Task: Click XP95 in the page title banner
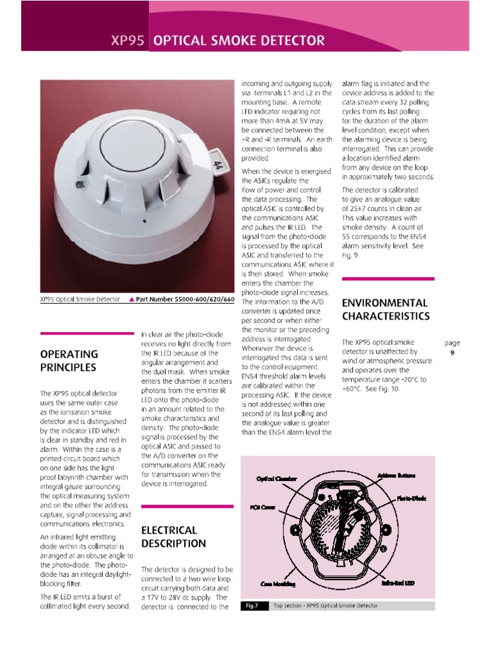click(x=128, y=42)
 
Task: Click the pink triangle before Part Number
click(x=131, y=299)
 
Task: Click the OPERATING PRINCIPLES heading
click(x=68, y=361)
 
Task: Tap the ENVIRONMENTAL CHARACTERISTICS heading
click(x=385, y=309)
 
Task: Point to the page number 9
click(x=452, y=352)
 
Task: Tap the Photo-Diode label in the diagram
click(x=411, y=498)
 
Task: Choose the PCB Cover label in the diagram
click(x=258, y=506)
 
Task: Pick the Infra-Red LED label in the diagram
click(x=398, y=583)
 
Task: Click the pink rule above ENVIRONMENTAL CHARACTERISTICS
click(x=388, y=278)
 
